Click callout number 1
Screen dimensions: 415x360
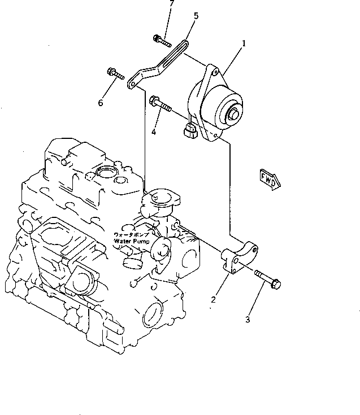[x=244, y=43]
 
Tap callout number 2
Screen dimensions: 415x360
[x=212, y=300]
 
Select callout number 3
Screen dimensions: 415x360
[x=247, y=321]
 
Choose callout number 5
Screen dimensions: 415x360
[x=196, y=16]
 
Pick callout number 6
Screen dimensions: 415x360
[x=101, y=103]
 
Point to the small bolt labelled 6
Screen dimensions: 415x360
[x=114, y=72]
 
